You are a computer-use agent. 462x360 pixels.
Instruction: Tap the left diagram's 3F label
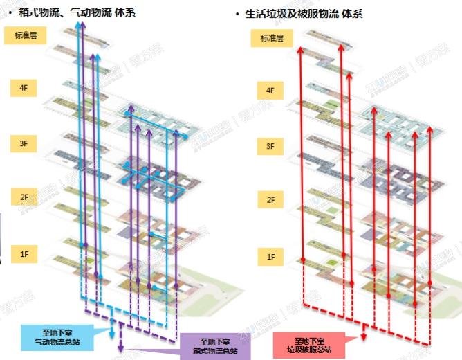(25, 143)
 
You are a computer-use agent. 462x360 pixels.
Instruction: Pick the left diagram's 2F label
(25, 198)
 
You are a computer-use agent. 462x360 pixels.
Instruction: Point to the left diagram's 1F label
(25, 254)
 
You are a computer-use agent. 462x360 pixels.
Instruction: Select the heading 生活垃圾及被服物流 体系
(298, 13)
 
